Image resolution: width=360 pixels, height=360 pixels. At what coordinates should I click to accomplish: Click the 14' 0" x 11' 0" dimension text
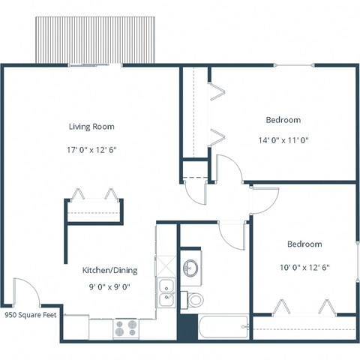pos(283,139)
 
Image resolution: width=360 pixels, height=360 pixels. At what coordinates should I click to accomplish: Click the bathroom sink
pos(190,268)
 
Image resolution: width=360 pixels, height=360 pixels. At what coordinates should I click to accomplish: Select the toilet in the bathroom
pos(194,300)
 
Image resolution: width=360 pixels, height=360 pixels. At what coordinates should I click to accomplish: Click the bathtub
pos(223,325)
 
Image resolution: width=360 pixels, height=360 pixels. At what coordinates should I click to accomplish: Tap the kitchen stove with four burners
pos(126,327)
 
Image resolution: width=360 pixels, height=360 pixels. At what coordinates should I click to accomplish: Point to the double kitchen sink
pos(166,292)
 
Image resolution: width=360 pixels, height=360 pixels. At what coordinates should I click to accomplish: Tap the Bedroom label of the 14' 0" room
pos(283,120)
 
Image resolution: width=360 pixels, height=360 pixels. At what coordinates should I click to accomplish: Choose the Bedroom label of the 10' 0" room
pos(304,244)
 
